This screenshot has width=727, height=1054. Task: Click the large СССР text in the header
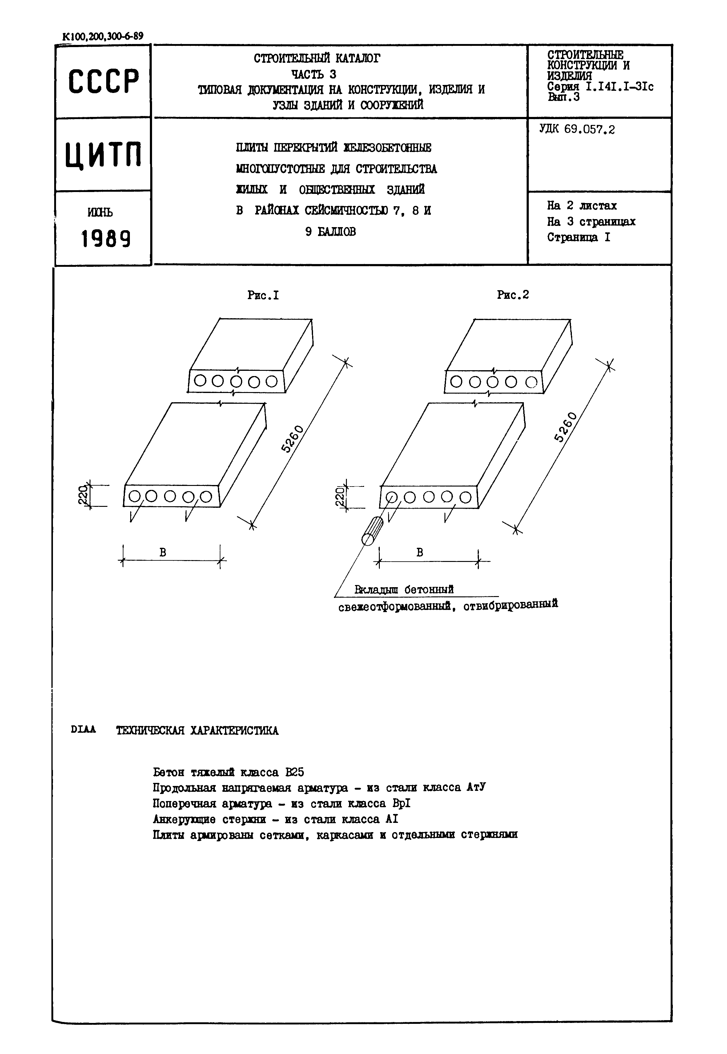click(x=103, y=82)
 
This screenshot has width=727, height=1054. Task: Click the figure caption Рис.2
click(x=513, y=295)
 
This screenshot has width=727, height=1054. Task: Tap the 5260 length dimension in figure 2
click(x=565, y=427)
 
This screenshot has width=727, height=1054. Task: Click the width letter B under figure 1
click(x=163, y=552)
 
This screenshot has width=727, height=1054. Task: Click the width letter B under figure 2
click(x=420, y=552)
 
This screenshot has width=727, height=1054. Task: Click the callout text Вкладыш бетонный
click(x=404, y=590)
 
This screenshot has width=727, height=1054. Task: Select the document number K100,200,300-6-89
click(x=102, y=36)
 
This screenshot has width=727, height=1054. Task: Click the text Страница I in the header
click(x=579, y=237)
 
